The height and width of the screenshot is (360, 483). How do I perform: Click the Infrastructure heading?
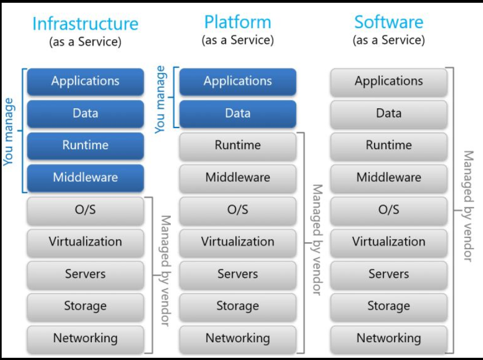(85, 24)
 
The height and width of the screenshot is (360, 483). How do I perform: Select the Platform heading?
(238, 22)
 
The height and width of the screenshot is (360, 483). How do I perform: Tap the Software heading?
(389, 22)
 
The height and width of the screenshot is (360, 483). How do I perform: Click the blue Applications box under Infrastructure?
(85, 81)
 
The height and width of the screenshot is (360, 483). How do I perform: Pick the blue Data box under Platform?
(238, 113)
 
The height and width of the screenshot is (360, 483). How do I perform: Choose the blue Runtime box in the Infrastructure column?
(85, 145)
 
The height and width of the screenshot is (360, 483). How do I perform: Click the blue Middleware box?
(85, 177)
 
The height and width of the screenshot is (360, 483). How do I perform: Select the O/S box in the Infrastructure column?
(85, 210)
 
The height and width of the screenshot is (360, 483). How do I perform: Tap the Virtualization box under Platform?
(238, 242)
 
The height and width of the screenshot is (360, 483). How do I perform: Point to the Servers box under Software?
(389, 274)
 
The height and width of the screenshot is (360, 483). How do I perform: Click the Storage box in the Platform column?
(238, 306)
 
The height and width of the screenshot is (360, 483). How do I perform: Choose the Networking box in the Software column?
(389, 338)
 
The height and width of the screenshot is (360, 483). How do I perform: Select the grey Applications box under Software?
(389, 81)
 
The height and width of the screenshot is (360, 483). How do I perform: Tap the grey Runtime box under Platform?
(238, 145)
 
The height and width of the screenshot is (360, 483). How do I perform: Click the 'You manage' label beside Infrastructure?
(9, 131)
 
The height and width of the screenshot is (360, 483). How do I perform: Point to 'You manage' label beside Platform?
(160, 99)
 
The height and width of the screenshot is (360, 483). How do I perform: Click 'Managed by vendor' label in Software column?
(468, 206)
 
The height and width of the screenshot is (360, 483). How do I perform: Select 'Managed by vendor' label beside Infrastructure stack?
(165, 271)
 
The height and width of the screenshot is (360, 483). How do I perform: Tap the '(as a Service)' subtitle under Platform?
(238, 40)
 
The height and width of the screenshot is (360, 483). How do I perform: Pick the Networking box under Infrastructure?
(85, 338)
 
